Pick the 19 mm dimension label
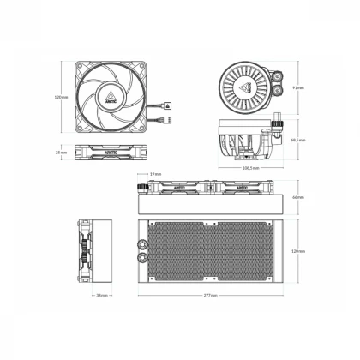[x=154, y=174]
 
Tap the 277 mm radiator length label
[x=211, y=296]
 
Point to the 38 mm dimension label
[x=102, y=296]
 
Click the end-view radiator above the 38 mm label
[x=102, y=250]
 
